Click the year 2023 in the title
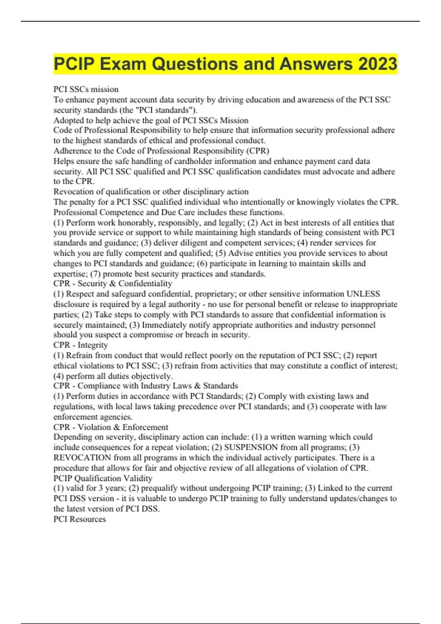tap(378, 64)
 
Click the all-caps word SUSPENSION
tap(251, 447)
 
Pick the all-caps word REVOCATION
tap(82, 458)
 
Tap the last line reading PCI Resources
tap(80, 519)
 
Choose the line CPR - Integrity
tap(80, 345)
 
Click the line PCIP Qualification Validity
tap(103, 478)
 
